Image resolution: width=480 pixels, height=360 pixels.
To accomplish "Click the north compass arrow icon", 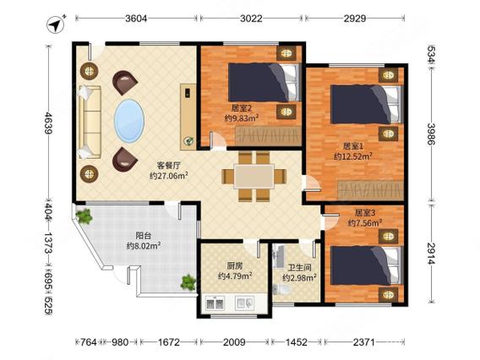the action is click(x=56, y=25).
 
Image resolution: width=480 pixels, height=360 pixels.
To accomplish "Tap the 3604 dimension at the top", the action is click(x=136, y=19).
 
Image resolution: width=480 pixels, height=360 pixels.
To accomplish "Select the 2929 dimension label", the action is click(x=355, y=19).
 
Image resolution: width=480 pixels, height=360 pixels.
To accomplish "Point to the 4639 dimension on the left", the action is click(x=48, y=123).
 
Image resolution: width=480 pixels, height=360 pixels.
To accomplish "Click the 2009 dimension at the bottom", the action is click(x=234, y=342).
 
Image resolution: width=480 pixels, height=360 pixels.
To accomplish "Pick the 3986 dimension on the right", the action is click(x=432, y=134).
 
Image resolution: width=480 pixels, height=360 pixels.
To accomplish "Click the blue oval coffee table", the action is click(x=129, y=121).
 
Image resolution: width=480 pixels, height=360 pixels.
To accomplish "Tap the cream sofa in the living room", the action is click(x=89, y=122).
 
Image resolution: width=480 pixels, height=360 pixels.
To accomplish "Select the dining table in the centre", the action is click(x=254, y=177).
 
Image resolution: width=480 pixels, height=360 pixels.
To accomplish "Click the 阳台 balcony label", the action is click(x=144, y=236).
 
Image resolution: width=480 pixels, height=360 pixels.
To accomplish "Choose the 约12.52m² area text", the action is click(x=353, y=156).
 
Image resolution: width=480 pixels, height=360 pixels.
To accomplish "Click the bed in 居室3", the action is click(x=366, y=265).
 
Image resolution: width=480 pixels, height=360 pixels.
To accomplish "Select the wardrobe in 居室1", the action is click(x=370, y=190).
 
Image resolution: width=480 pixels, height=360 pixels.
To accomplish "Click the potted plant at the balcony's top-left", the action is click(x=84, y=216).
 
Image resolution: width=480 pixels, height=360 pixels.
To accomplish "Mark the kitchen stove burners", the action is click(x=215, y=303).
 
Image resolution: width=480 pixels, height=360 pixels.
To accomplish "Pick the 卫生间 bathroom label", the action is click(x=300, y=268).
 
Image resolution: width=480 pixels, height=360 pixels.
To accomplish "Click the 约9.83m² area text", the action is click(x=242, y=117).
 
